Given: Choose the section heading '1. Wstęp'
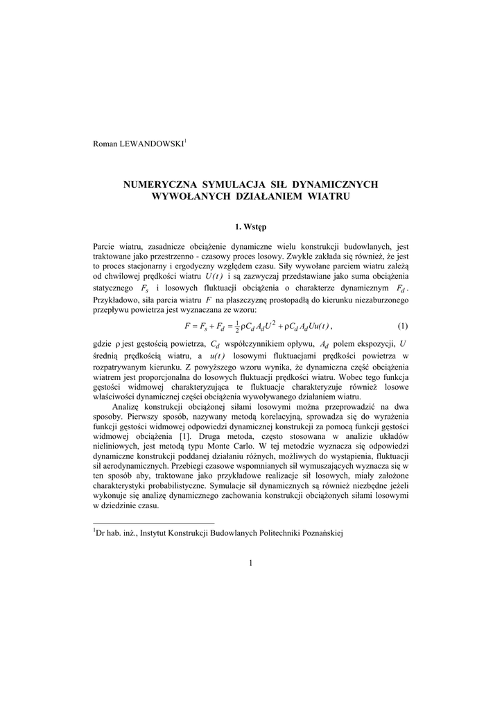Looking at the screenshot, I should click(250, 226).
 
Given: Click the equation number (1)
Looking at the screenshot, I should click(403, 326).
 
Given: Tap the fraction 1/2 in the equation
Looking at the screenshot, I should click(238, 326).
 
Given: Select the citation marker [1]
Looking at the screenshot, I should click(184, 436).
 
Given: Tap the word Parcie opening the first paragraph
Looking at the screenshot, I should click(105, 245).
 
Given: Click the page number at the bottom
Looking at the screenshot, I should click(250, 562).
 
